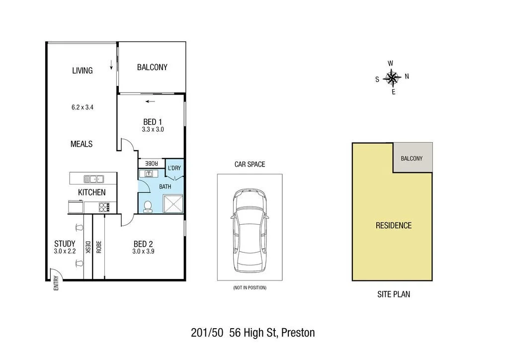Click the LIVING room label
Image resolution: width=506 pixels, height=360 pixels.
83,71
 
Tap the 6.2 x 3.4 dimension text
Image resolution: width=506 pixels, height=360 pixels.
83,107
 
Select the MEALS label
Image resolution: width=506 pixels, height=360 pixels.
82,144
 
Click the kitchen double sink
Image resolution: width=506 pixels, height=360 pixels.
93,179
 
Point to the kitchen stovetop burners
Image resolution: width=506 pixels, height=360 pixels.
105,207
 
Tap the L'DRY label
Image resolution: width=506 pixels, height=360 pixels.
174,168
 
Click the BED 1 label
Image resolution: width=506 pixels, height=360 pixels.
153,122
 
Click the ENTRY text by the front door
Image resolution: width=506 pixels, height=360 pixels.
56,283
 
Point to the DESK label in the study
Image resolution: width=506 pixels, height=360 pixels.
88,247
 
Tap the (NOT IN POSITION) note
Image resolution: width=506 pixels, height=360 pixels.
250,288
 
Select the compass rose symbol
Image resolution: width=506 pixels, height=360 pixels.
393,78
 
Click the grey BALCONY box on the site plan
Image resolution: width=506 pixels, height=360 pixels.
412,158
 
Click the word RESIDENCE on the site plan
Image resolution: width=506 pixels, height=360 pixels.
393,225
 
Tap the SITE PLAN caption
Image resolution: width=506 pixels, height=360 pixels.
393,294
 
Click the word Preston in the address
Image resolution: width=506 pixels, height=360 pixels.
298,333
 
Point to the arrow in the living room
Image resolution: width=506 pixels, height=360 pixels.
111,65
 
